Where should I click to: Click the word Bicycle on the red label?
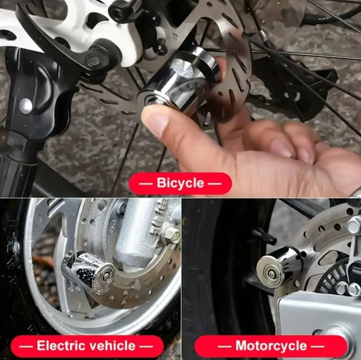click(x=180, y=183)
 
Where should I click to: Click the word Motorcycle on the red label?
click(x=271, y=346)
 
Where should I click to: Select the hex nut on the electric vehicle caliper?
click(x=171, y=235)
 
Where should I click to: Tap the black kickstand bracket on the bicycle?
click(x=27, y=109)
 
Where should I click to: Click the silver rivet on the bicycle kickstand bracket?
click(x=25, y=105)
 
